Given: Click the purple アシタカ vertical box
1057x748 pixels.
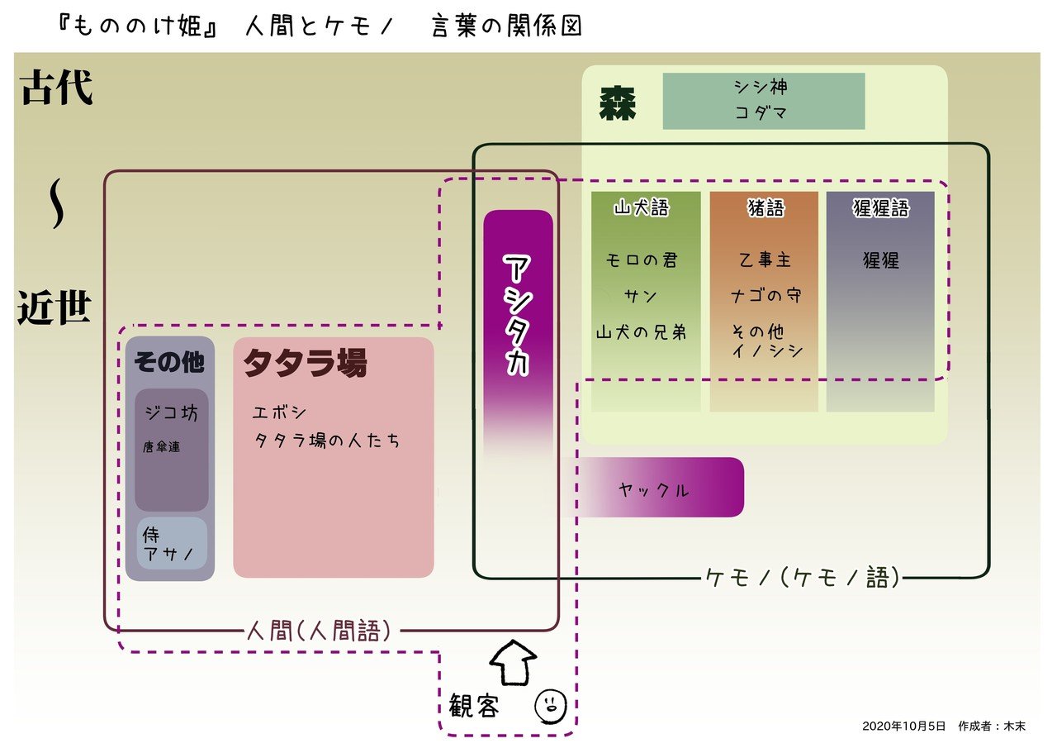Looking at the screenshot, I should tap(518, 314).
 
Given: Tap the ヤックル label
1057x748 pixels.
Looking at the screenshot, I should tap(653, 489).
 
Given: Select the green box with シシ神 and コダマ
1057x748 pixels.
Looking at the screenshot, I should tap(763, 101).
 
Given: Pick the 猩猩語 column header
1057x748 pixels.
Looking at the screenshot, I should tap(880, 208).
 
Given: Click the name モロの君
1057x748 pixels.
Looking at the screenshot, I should tap(642, 260).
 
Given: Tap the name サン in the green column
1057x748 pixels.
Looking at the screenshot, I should tap(641, 296).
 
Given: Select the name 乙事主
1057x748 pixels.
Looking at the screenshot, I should tap(765, 260).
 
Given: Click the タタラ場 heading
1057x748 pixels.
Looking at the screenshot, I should tap(305, 363).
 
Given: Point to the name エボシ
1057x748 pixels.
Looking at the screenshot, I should tap(280, 412).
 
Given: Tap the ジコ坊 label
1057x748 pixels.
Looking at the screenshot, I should tap(171, 413).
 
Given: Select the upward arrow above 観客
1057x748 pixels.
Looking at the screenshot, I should tap(514, 661).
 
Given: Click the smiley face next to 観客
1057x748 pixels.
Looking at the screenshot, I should tap(550, 704).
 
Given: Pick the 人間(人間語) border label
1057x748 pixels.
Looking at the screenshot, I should tap(318, 631).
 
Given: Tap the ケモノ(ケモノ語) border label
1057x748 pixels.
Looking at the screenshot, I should tap(802, 577).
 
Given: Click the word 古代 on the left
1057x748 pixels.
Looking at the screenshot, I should tap(57, 89).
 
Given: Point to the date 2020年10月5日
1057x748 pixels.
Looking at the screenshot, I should tap(903, 726).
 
